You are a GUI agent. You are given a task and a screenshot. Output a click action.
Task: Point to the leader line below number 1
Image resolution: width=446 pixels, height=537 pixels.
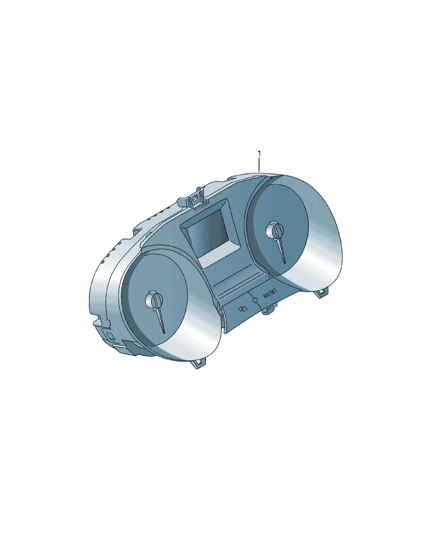[x=259, y=165]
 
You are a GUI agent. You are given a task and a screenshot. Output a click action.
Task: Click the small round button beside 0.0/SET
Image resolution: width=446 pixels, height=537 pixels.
[x=255, y=300]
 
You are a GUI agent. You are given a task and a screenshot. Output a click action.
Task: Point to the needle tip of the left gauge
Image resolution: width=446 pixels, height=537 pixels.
[x=164, y=333]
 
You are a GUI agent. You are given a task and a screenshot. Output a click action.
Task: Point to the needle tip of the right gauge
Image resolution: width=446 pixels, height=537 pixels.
[x=285, y=263]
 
